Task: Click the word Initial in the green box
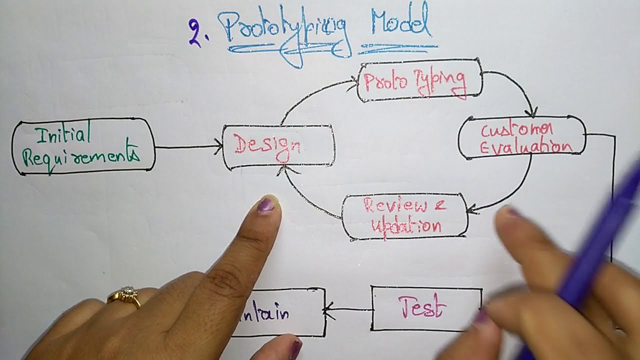pyautogui.click(x=63, y=133)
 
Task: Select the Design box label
pyautogui.click(x=267, y=146)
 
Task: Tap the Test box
pyautogui.click(x=422, y=307)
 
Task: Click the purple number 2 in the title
pyautogui.click(x=195, y=33)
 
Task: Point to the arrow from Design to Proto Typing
pyautogui.click(x=310, y=95)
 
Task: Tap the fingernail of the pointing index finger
pyautogui.click(x=265, y=204)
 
